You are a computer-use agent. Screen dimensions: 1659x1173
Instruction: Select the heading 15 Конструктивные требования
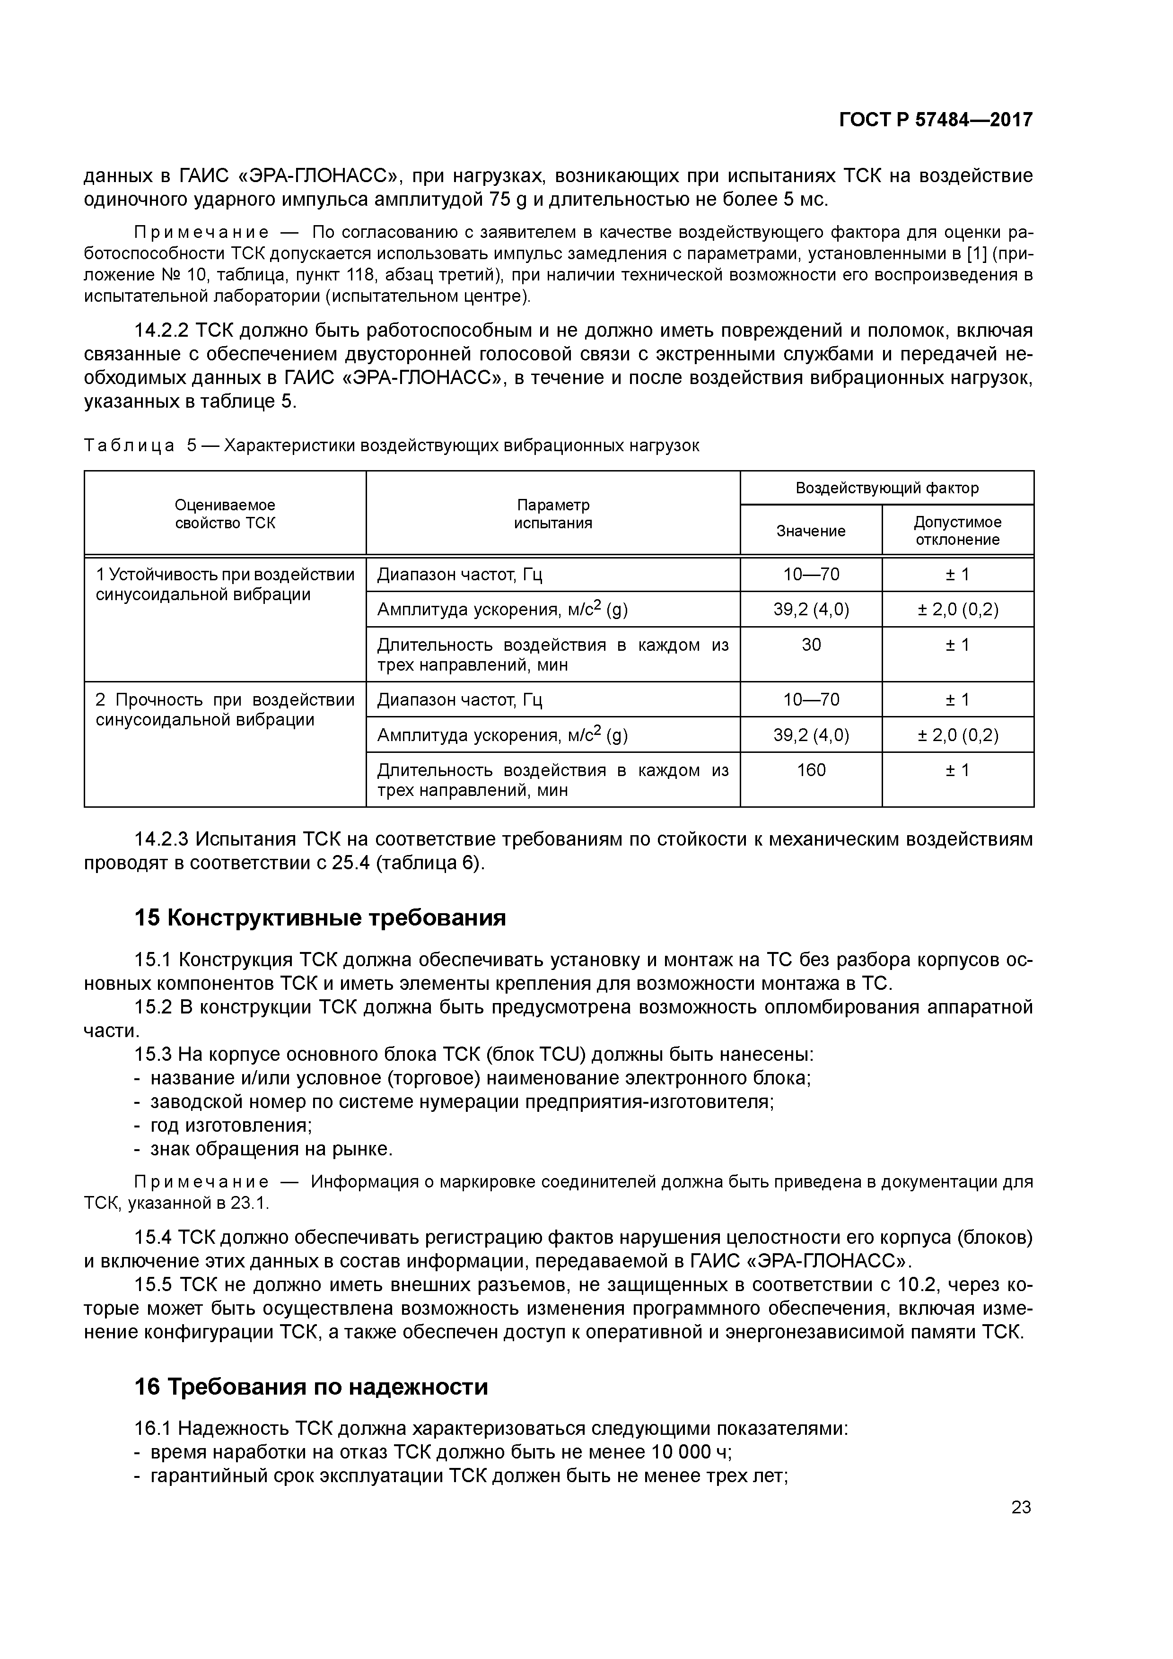point(320,918)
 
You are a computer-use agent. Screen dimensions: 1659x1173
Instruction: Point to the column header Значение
point(810,531)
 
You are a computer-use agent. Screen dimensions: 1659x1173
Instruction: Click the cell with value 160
point(810,770)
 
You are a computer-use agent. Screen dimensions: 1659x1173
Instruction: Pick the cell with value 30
point(810,645)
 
